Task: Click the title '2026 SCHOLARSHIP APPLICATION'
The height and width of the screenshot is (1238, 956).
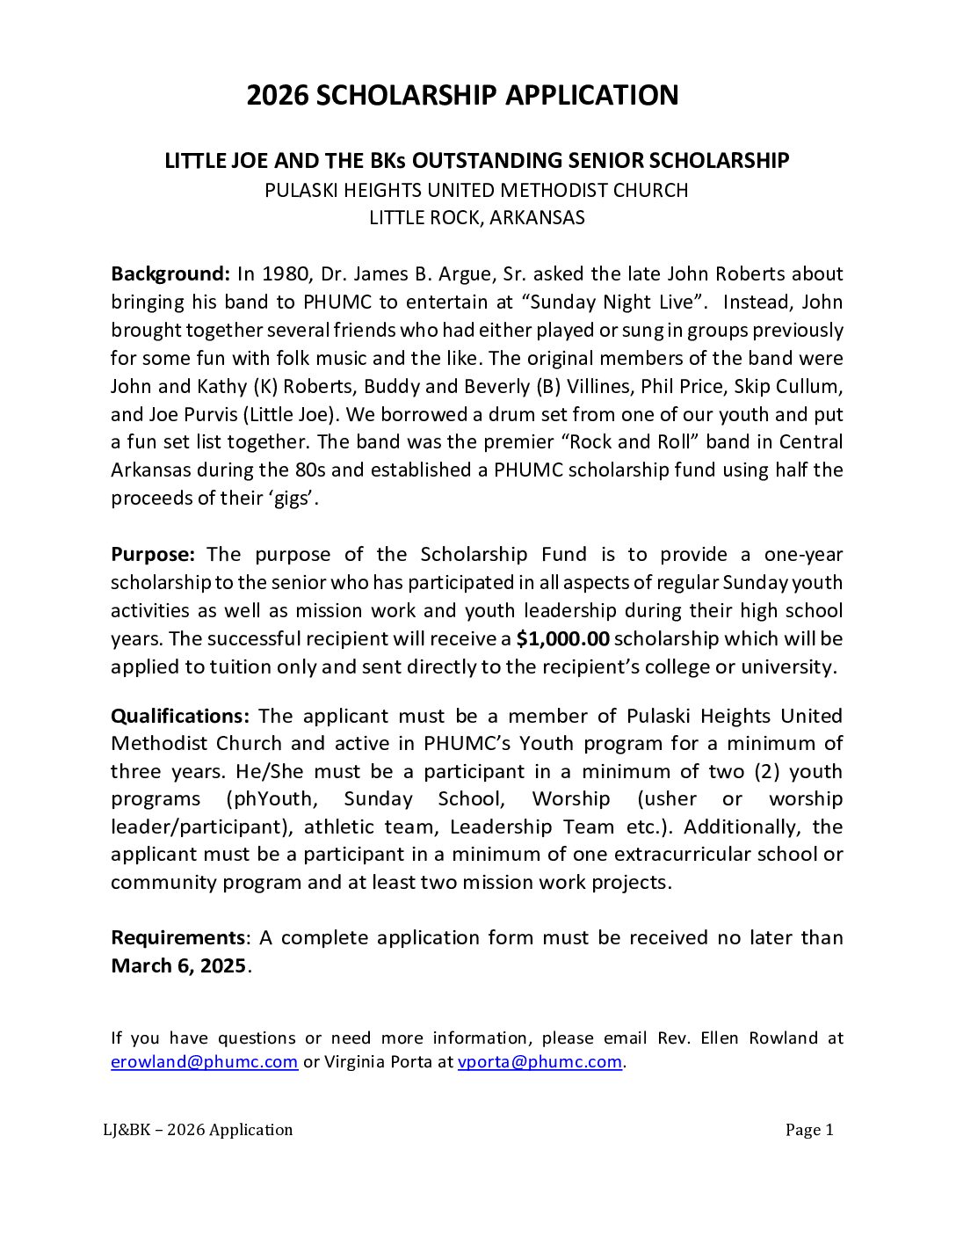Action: pos(462,95)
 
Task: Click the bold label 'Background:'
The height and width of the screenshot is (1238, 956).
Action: pos(170,273)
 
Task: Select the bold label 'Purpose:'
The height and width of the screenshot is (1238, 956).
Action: pos(152,555)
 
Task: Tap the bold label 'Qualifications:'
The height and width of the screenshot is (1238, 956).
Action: pos(180,716)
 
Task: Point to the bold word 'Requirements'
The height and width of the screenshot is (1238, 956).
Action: pos(177,937)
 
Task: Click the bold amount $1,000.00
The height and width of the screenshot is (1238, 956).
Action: pos(562,638)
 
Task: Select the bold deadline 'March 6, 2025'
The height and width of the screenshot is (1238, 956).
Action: pos(178,965)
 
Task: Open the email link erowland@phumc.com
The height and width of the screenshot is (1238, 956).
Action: pos(205,1062)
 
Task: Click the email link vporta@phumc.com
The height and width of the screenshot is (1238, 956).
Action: pos(540,1062)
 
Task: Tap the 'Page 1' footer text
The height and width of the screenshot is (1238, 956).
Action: pos(809,1130)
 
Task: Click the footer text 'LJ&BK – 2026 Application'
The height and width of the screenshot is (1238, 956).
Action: pos(198,1130)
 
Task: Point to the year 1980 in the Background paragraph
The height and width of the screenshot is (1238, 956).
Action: pos(279,273)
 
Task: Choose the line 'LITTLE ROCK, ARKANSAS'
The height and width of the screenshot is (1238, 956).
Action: pos(477,217)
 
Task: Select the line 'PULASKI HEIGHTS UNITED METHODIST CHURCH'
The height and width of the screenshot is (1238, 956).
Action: pos(477,190)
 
